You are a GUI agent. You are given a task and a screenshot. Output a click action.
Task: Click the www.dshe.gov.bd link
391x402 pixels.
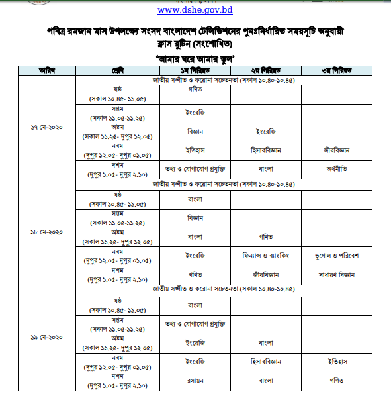pyautogui.click(x=195, y=11)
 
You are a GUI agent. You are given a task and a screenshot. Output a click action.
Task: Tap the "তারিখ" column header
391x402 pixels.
pyautogui.click(x=46, y=70)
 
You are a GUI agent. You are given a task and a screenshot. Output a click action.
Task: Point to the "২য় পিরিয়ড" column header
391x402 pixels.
pyautogui.click(x=265, y=70)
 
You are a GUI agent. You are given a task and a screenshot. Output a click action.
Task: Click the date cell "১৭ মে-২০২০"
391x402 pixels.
pyautogui.click(x=46, y=126)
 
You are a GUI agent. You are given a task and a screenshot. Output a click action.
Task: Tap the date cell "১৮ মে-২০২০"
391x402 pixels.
pyautogui.click(x=46, y=233)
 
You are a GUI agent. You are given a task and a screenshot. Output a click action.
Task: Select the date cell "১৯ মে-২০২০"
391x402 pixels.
pyautogui.click(x=46, y=338)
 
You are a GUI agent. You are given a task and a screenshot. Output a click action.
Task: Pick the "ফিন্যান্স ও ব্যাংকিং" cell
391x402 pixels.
pyautogui.click(x=265, y=254)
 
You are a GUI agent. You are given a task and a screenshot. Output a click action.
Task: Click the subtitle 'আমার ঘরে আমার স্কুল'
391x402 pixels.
pyautogui.click(x=195, y=58)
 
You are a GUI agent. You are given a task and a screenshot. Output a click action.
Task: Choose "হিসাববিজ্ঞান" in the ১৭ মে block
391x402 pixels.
pyautogui.click(x=265, y=150)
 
